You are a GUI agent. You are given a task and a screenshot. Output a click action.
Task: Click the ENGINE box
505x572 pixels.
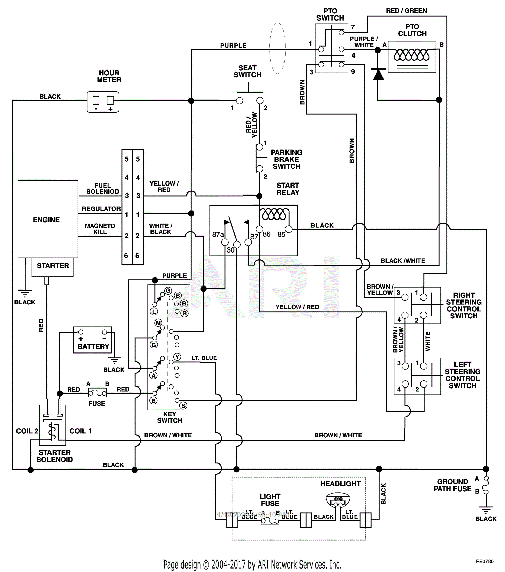point(47,219)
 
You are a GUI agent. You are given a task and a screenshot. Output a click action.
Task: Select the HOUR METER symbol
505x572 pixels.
point(103,102)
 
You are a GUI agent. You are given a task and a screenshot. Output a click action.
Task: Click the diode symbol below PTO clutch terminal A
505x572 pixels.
point(378,74)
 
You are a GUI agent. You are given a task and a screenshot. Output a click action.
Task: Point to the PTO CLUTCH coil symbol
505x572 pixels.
point(411,56)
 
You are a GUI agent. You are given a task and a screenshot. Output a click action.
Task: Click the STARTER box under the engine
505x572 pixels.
point(53,267)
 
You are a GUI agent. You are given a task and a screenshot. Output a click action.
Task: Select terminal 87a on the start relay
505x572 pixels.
point(225,242)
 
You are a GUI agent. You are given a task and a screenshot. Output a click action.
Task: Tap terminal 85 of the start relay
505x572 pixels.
point(289,229)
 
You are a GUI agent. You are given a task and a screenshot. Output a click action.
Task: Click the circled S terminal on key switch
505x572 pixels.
point(183,406)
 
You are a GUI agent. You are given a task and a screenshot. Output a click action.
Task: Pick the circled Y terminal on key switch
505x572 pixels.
point(177,357)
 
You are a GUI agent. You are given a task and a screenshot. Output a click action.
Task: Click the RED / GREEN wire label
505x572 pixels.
point(406,11)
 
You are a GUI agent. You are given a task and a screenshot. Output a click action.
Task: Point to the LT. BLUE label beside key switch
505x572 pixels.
point(204,358)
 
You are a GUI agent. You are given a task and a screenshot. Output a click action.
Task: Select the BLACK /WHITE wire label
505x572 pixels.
point(403,261)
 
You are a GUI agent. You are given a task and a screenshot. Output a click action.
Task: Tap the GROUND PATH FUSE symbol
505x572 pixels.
point(486,485)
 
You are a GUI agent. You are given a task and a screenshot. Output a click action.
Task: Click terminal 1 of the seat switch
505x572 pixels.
point(240,101)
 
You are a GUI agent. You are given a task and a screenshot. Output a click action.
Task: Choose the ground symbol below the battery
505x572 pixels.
point(115,360)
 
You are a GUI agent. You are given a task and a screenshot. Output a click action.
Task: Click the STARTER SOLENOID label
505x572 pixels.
point(55,456)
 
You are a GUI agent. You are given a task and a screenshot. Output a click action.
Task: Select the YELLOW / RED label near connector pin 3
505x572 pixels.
point(164,187)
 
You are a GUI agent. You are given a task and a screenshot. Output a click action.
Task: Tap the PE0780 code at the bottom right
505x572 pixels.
point(484,561)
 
